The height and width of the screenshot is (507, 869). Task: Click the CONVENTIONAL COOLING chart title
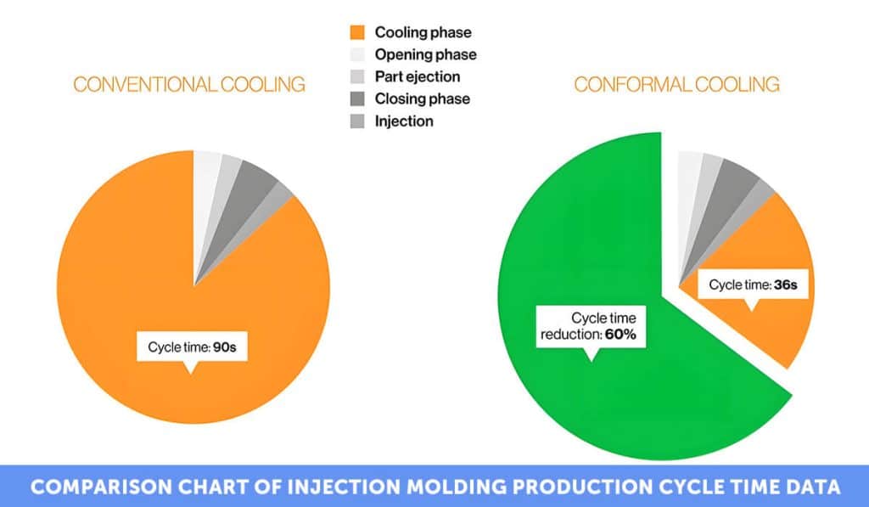tap(188, 84)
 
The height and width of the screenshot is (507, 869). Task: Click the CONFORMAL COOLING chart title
tap(676, 84)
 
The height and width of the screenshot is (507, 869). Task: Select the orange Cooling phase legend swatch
tap(357, 33)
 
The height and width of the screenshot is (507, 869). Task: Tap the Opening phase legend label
tap(425, 54)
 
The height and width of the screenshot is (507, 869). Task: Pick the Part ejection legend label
tap(418, 76)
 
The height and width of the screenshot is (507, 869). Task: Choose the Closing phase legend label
tap(422, 99)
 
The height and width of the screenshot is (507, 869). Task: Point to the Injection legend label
tap(404, 121)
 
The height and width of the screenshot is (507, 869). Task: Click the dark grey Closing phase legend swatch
tap(357, 99)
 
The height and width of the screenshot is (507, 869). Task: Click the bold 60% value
tap(620, 335)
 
